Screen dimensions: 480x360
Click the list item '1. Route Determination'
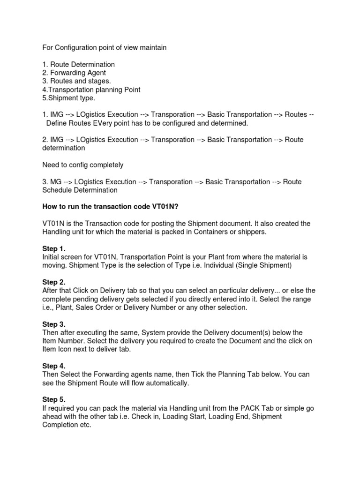(78, 64)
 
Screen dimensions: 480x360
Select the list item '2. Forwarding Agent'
(74, 73)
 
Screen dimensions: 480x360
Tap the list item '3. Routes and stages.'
(76, 81)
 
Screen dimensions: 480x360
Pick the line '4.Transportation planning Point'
(91, 90)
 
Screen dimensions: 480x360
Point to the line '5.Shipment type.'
(68, 98)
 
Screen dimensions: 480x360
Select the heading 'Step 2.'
(54, 282)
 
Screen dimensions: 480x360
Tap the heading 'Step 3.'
(54, 324)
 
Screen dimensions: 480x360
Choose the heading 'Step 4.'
(54, 367)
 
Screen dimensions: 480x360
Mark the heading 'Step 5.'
(54, 400)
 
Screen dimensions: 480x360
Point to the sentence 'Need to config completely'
(83, 165)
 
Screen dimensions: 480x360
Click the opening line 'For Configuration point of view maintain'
(104, 48)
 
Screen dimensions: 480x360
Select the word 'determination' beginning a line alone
(64, 148)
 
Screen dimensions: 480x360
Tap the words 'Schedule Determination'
(80, 190)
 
